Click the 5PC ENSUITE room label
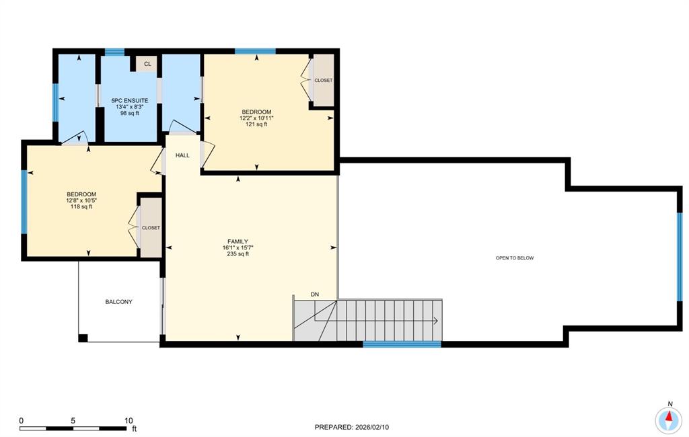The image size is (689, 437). pos(130,101)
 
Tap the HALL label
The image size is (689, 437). pos(183,155)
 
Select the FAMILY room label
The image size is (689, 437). pos(238,241)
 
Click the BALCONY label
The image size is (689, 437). pos(118,302)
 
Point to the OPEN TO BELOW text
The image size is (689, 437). pos(515,257)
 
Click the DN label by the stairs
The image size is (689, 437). pos(315,294)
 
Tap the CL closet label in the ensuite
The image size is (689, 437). pos(147,64)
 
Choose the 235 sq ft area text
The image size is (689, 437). pos(238,254)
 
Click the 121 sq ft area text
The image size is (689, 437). pos(256,124)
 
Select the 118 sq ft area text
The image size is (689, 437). pos(81,206)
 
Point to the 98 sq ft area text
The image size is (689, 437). pos(130,113)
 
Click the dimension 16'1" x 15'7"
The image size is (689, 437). pos(238,247)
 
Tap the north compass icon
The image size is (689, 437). pos(669,420)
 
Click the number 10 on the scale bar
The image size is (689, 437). pos(129,420)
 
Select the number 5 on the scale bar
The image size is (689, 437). pos(73,420)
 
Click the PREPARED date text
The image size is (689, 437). pos(351,427)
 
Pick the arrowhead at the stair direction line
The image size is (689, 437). pos(435,321)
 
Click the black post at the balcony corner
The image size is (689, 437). pos(83,338)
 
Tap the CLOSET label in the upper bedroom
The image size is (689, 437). pos(324,81)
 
